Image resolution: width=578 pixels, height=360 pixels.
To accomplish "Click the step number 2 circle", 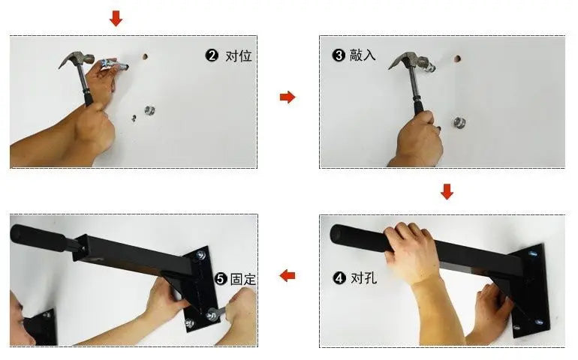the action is (212, 55).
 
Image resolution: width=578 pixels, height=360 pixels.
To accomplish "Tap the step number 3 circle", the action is (339, 55).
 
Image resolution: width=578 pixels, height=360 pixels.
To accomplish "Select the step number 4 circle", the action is (339, 277).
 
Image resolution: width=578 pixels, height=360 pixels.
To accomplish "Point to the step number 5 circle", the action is (221, 279).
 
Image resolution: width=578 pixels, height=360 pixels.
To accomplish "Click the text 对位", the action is (239, 56).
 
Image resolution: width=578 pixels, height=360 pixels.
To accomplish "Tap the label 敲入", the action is (363, 55).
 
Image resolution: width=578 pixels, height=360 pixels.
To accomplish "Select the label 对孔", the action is (364, 277).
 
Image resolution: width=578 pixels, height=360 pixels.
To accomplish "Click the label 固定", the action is (243, 279).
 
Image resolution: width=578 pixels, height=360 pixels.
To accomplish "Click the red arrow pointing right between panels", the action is (287, 97).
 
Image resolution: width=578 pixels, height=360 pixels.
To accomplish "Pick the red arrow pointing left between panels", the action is (287, 275).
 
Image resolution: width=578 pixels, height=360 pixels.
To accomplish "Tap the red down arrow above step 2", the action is (116, 18).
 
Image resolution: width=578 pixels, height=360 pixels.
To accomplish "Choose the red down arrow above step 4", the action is (447, 191).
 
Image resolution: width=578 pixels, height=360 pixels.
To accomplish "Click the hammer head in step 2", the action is (77, 59).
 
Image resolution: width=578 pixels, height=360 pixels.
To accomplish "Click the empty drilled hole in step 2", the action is (145, 57).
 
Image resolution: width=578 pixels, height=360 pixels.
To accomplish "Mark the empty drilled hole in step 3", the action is (457, 58).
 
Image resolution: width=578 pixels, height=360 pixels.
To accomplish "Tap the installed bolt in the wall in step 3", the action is (459, 122).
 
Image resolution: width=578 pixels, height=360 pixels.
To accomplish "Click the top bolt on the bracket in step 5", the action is (201, 254).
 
